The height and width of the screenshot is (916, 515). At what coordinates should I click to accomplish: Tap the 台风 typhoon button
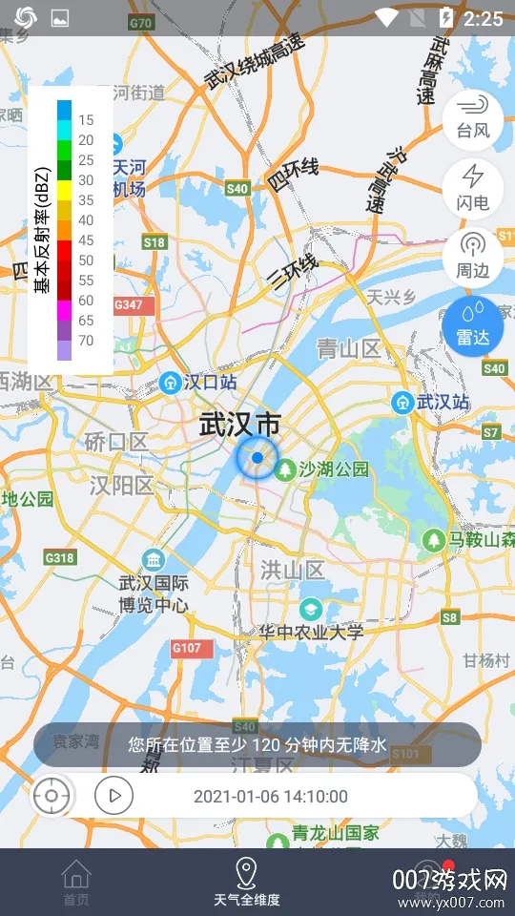click(473, 117)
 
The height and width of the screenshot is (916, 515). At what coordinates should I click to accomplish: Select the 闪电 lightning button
click(473, 187)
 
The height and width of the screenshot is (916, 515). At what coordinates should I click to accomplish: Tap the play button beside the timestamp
click(113, 795)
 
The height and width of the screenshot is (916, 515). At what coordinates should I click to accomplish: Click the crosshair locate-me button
click(52, 795)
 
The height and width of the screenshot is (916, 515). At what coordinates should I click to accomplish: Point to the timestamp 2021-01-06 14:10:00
click(271, 796)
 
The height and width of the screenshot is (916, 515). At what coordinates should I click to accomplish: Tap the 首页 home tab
click(76, 882)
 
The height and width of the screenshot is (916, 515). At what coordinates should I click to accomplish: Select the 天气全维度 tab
click(246, 882)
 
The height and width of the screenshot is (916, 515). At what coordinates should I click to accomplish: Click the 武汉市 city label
click(241, 425)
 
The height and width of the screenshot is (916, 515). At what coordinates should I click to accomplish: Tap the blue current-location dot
click(257, 458)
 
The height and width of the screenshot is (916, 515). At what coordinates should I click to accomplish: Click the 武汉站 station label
click(433, 403)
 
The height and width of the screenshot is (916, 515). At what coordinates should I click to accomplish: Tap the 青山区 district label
click(349, 349)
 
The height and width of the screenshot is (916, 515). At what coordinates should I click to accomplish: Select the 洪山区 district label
click(293, 571)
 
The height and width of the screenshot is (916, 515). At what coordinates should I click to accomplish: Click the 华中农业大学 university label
click(311, 631)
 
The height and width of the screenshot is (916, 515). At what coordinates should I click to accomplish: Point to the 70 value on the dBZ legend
click(86, 341)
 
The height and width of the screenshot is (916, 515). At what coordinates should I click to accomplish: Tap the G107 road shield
click(187, 649)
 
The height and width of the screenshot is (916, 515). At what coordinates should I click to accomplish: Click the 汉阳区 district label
click(121, 486)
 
